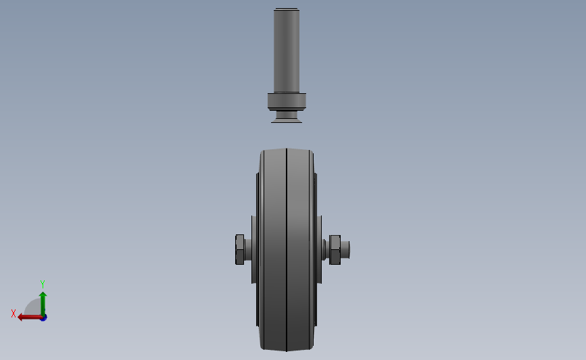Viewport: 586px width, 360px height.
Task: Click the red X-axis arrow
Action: [30, 317]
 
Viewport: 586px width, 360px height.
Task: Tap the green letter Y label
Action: [42, 284]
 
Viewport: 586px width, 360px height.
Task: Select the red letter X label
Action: [14, 313]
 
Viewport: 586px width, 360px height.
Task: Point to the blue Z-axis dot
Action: [44, 317]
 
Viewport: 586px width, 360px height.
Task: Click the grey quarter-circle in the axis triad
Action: [32, 307]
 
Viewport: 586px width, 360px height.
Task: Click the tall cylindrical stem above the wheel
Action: [287, 51]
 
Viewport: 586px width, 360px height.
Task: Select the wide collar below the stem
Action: [287, 101]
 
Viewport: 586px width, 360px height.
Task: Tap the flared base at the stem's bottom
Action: [287, 119]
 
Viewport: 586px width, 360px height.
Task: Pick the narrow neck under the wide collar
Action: [287, 113]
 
